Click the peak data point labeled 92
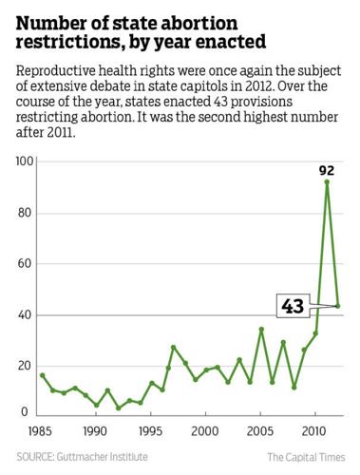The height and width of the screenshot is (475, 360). (327, 182)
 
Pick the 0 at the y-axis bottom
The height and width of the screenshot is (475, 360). (29, 411)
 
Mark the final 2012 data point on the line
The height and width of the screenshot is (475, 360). (338, 306)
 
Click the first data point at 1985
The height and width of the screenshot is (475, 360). (41, 375)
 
